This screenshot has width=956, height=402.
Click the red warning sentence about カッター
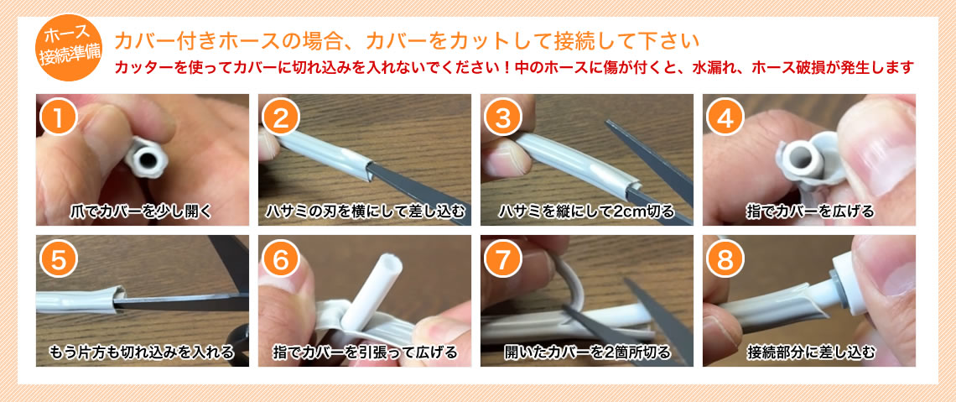click(x=513, y=68)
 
